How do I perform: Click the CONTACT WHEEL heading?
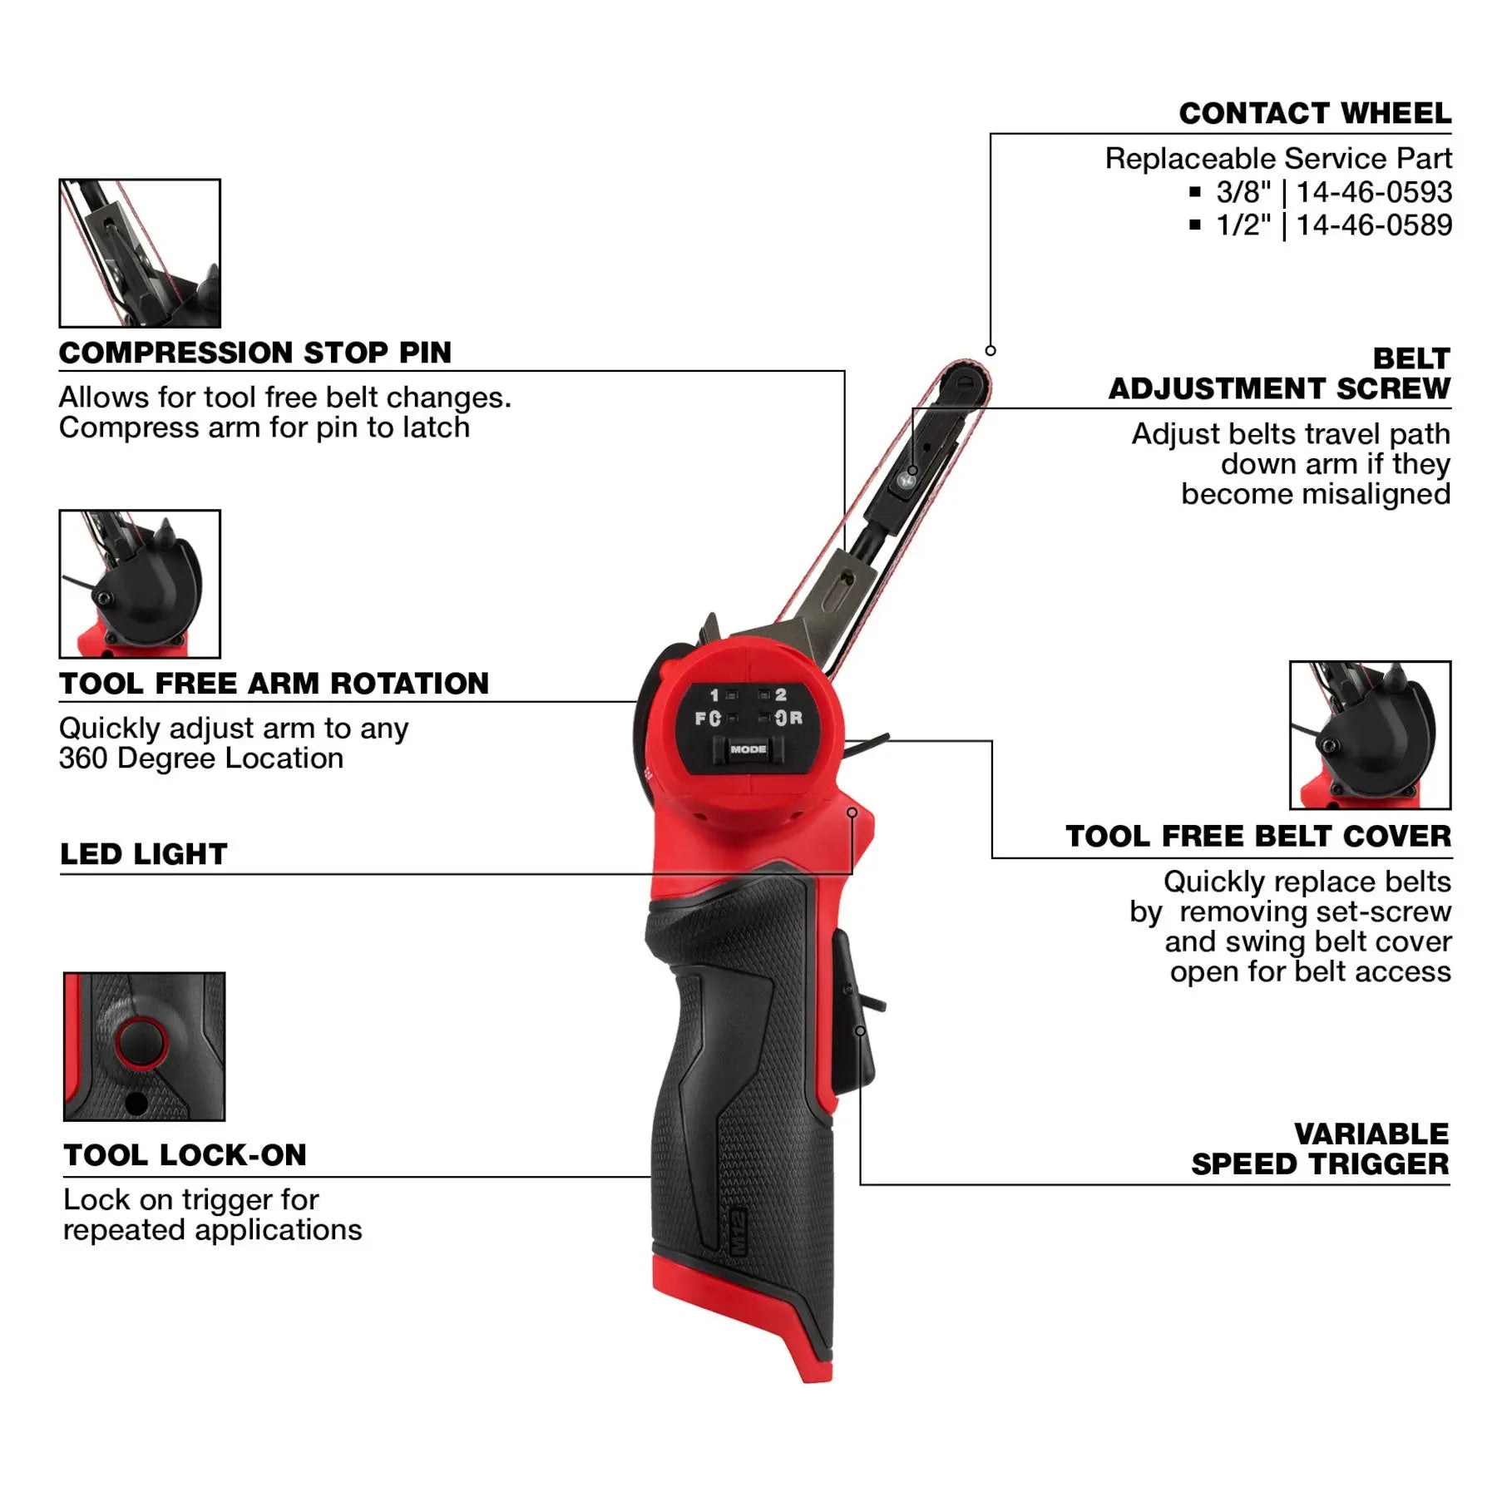1314,114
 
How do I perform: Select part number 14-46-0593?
1374,192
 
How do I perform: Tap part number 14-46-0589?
1374,225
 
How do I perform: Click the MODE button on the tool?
748,749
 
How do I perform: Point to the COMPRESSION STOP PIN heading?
254,353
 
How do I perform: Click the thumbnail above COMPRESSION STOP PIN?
140,253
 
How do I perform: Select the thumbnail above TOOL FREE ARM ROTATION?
140,584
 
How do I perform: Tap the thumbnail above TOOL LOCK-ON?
144,1046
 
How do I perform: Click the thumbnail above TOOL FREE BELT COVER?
1370,735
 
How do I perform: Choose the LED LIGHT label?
143,854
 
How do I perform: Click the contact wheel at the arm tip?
965,383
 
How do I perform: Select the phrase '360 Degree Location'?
200,758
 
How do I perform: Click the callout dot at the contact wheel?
991,351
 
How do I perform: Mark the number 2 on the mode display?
780,694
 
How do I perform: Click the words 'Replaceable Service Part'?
1277,158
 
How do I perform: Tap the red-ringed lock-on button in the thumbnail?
141,1042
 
